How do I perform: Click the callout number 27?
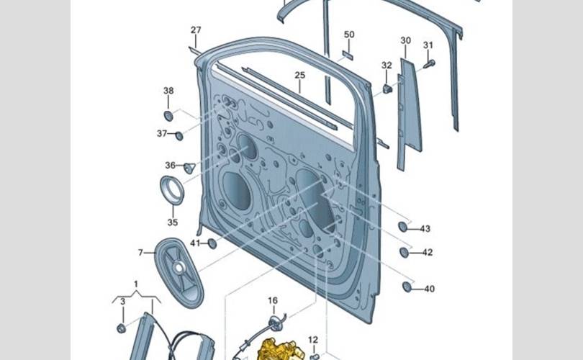coord(196,30)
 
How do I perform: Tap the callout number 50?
coord(349,35)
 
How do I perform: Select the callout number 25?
coord(299,75)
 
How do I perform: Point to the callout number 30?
coord(406,40)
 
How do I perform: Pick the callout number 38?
coord(168,91)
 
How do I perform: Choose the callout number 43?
coord(425,229)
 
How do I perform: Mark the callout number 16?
coord(273,300)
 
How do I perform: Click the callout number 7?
coord(141,253)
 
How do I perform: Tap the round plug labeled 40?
coord(407,287)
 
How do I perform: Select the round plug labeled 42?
coord(405,252)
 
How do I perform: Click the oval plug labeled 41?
coord(212,243)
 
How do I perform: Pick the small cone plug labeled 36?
coord(190,168)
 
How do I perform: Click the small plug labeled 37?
coord(179,135)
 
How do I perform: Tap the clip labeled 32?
coord(387,89)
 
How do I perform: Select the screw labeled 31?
coord(426,64)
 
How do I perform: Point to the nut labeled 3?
coord(121,328)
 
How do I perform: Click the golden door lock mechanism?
coord(276,348)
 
